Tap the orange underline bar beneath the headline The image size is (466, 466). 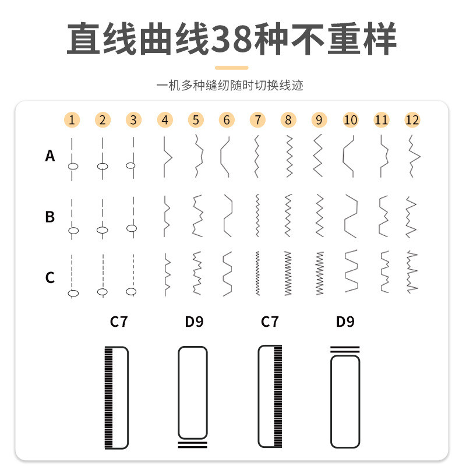231,68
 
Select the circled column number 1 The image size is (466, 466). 71,120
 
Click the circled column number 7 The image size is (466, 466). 257,120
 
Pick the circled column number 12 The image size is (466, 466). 412,120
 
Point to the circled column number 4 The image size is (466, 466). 165,120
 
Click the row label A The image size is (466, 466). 50,156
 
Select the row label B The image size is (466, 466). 50,217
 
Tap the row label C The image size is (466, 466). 50,277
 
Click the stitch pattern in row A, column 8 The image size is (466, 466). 288,156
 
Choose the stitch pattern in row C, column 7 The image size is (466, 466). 257,273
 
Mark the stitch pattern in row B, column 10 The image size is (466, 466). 350,216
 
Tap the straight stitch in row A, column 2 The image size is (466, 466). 103,157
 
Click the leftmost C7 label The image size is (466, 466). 118,322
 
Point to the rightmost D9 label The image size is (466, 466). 345,322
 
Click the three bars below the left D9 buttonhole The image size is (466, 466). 192,444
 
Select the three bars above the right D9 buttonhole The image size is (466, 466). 345,349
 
